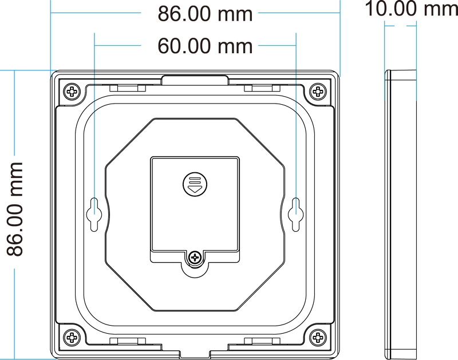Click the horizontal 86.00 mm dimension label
point(205,14)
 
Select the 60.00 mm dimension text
point(205,46)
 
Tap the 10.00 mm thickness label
point(411,9)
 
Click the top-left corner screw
point(72,92)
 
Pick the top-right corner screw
point(318,92)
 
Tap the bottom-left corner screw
point(72,337)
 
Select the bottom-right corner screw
point(318,337)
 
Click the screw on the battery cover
point(195,258)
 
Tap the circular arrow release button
point(195,184)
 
